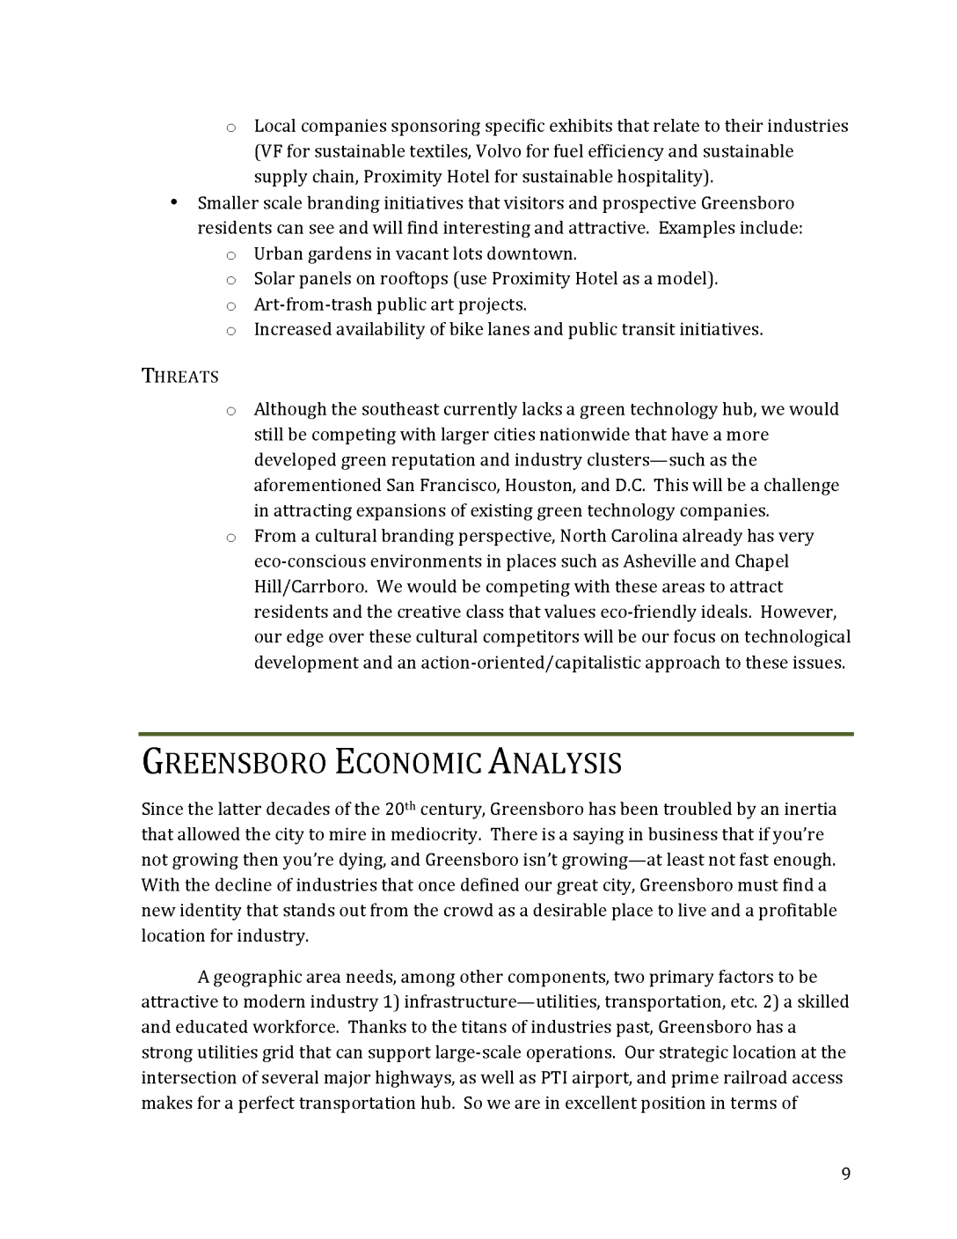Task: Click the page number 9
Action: [845, 1174]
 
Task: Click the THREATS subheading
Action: [180, 377]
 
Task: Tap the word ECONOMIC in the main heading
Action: [407, 763]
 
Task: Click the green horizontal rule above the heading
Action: [496, 733]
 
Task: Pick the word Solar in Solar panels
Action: [275, 279]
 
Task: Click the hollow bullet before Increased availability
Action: [230, 331]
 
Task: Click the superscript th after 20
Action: [412, 805]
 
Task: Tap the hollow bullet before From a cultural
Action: [230, 537]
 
